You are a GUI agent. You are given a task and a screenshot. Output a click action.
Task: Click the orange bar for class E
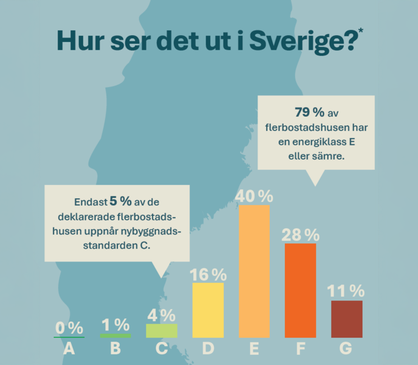click(x=255, y=271)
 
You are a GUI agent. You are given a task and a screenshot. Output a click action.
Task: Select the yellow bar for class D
click(x=208, y=310)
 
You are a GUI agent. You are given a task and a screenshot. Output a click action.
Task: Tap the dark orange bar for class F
click(x=300, y=290)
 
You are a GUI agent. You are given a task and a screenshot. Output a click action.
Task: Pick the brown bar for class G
click(x=347, y=319)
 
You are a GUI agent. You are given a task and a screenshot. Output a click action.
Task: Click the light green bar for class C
click(x=162, y=330)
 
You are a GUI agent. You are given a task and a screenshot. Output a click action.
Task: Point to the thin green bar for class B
click(x=115, y=335)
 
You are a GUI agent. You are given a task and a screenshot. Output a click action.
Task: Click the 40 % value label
click(x=255, y=196)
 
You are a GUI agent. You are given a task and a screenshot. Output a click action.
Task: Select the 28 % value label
click(x=301, y=234)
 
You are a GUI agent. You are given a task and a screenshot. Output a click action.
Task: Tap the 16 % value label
click(x=208, y=274)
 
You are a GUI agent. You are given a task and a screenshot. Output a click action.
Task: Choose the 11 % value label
click(x=347, y=291)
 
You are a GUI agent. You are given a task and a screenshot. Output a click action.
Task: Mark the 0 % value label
click(x=69, y=328)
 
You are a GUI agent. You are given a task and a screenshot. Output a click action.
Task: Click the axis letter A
click(x=69, y=349)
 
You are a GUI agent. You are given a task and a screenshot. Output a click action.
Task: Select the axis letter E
click(x=255, y=349)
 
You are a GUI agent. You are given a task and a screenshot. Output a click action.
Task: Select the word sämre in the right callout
click(x=329, y=156)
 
